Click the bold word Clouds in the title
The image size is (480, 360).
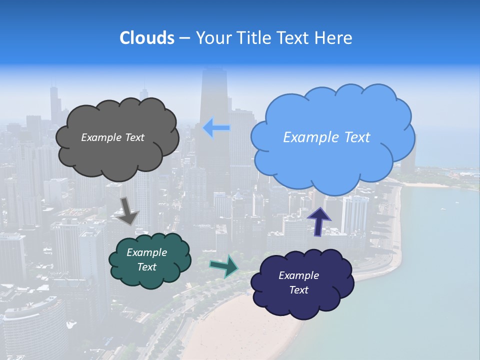[146, 38]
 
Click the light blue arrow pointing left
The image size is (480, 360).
[216, 128]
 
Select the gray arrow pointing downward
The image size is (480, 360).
[128, 211]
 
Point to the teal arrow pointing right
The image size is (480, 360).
[224, 265]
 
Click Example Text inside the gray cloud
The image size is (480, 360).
[112, 137]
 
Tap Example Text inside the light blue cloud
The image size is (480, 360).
[326, 137]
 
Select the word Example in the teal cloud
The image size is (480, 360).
[146, 252]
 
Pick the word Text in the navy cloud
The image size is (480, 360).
[298, 290]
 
